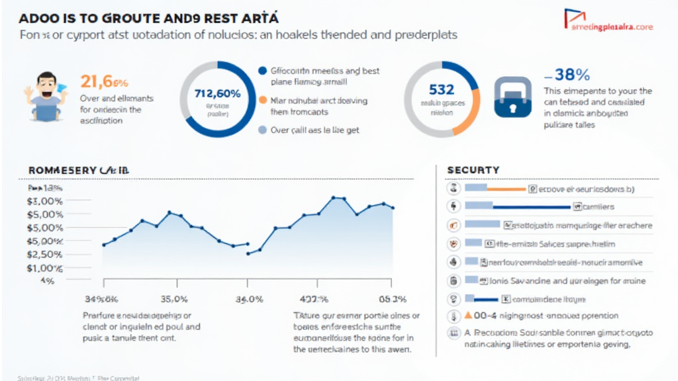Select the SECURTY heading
click(x=473, y=170)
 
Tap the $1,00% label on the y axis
click(x=44, y=268)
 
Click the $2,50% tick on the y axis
click(x=44, y=255)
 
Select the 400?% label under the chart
click(x=316, y=299)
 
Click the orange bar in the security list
click(x=507, y=189)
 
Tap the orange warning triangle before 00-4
click(x=469, y=316)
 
